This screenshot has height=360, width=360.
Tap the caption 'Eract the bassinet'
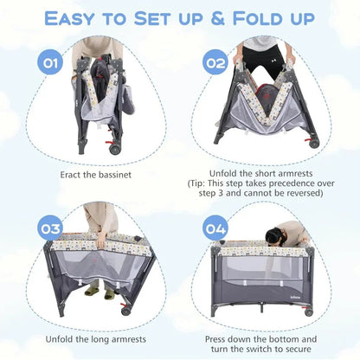pos(97,173)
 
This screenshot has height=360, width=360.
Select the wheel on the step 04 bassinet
pos(308,311)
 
